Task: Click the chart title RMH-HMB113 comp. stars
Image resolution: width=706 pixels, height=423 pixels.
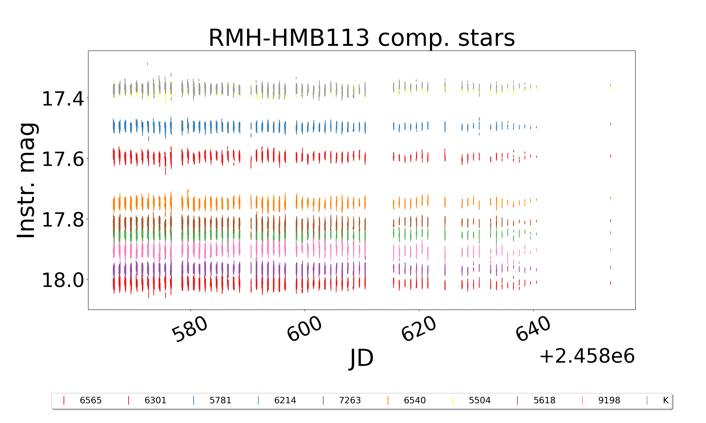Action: tap(361, 38)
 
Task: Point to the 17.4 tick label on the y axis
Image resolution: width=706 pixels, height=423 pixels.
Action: tap(63, 99)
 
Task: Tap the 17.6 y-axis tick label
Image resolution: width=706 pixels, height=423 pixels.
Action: tap(63, 159)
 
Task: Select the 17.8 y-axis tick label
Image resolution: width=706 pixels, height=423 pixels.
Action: tap(63, 220)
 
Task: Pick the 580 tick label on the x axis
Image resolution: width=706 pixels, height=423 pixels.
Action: tap(189, 329)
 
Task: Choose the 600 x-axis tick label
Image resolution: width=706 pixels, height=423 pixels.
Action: tap(304, 329)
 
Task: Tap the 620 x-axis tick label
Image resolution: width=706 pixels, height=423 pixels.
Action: tap(419, 329)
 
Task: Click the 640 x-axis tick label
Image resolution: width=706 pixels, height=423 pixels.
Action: tap(533, 329)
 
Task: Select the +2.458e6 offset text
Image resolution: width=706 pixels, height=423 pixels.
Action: tap(587, 356)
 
